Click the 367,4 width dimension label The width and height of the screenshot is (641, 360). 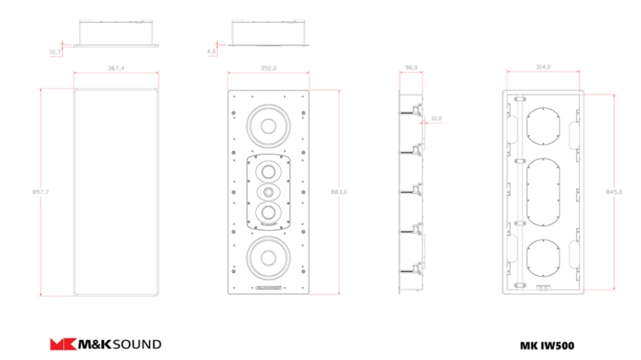tap(115, 68)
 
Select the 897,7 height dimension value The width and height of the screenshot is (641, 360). tap(40, 192)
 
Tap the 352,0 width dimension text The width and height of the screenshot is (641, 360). tap(268, 68)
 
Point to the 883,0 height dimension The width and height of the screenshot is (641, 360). tap(339, 192)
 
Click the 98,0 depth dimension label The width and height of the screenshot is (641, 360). tap(411, 67)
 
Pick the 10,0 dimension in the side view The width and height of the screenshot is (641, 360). tap(436, 118)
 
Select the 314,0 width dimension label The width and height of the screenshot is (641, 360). tap(543, 67)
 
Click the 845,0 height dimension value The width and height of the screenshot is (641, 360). tap(613, 192)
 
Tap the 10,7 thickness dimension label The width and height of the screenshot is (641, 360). tap(54, 52)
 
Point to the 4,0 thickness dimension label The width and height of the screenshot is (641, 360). tap(211, 51)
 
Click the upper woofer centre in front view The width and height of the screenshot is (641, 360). tap(268, 126)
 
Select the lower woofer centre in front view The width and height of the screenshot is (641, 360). tap(268, 258)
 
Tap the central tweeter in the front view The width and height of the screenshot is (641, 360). tap(268, 192)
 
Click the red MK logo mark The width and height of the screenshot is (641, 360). tap(63, 344)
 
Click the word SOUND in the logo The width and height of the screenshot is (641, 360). tap(137, 345)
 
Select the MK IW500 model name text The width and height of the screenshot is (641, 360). tap(547, 346)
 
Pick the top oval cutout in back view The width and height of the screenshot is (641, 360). tap(544, 126)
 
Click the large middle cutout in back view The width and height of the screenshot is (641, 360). tap(544, 192)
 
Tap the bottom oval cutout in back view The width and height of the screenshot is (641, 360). tap(544, 258)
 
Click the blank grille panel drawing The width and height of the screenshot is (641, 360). tap(116, 192)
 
